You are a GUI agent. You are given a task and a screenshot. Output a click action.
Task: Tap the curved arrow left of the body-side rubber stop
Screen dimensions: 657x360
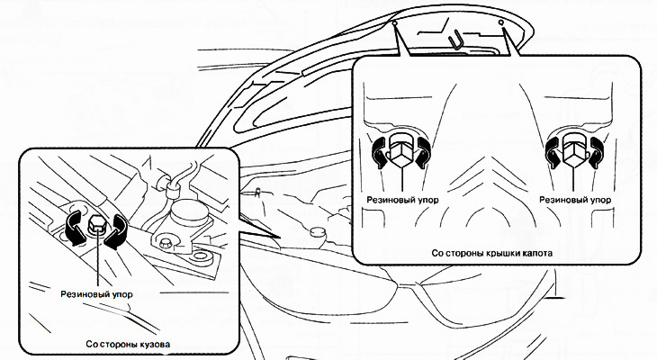coord(74,229)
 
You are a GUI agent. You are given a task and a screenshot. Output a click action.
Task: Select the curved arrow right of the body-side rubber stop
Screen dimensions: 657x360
coord(116,231)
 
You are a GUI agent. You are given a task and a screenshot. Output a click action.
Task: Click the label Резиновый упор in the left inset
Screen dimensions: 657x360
coord(97,294)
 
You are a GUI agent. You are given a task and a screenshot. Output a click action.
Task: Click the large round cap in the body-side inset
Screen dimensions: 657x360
coord(189,211)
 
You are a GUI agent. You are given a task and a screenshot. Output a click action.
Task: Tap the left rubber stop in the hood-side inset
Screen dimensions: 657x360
coord(401,150)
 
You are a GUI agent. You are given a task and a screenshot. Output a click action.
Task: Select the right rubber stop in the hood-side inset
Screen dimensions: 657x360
coord(574,150)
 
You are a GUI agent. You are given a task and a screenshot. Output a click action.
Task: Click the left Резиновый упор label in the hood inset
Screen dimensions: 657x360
coord(402,200)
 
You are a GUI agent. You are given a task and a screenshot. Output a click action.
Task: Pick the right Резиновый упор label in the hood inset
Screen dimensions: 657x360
coord(575,200)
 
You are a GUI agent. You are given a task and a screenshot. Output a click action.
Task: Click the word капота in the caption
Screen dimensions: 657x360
coord(537,253)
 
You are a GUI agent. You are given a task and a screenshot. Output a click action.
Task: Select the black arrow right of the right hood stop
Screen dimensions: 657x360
coord(596,152)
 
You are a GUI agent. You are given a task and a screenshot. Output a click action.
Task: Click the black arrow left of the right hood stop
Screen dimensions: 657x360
coord(553,153)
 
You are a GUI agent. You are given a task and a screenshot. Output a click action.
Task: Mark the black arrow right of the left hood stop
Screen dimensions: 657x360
coord(424,152)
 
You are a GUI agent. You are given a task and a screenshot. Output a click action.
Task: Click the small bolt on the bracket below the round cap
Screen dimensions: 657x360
coord(166,242)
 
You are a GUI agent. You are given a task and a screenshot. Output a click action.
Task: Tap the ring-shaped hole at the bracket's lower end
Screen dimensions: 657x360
coord(202,256)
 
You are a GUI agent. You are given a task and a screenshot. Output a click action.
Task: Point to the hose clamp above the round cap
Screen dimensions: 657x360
coord(171,188)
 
